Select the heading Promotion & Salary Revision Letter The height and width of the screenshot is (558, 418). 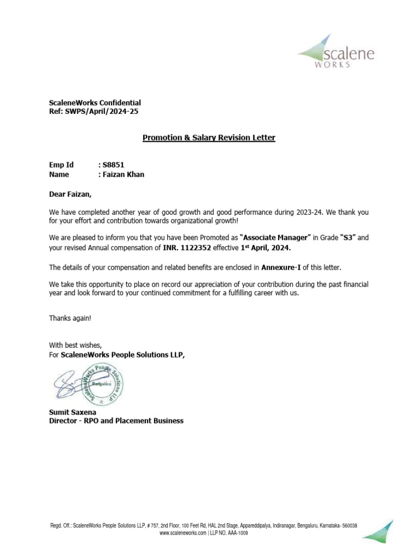click(x=209, y=138)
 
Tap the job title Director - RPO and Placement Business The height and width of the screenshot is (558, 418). click(x=116, y=421)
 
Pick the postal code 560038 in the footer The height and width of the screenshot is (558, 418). click(x=347, y=525)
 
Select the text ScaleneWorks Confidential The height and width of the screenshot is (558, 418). click(x=95, y=102)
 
